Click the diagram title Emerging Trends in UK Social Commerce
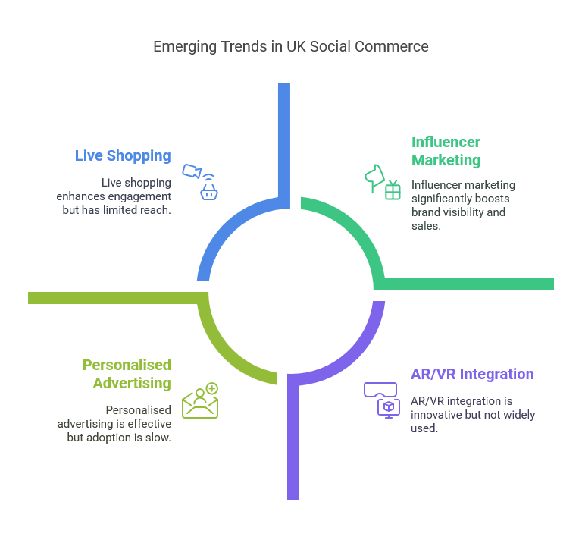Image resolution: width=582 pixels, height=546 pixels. coord(291,47)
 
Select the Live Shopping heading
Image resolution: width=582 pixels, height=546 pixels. coord(123,156)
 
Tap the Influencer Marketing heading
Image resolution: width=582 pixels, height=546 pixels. coord(446,151)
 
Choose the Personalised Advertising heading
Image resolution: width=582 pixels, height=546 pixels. coord(127,374)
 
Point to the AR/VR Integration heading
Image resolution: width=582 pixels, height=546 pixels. coord(472,374)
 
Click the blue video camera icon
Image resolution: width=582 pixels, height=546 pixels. coord(192,171)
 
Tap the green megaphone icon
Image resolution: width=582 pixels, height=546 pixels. coord(374,178)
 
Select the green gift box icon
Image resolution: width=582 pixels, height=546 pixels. coord(393,190)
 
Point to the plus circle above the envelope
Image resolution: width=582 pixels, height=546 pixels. coord(212,388)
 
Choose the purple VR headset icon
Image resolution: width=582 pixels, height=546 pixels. coord(380,390)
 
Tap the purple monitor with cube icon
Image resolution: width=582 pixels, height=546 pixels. coord(389,409)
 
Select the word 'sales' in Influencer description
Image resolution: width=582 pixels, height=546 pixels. coord(424,226)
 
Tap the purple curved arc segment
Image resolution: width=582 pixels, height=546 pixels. coord(355,356)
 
